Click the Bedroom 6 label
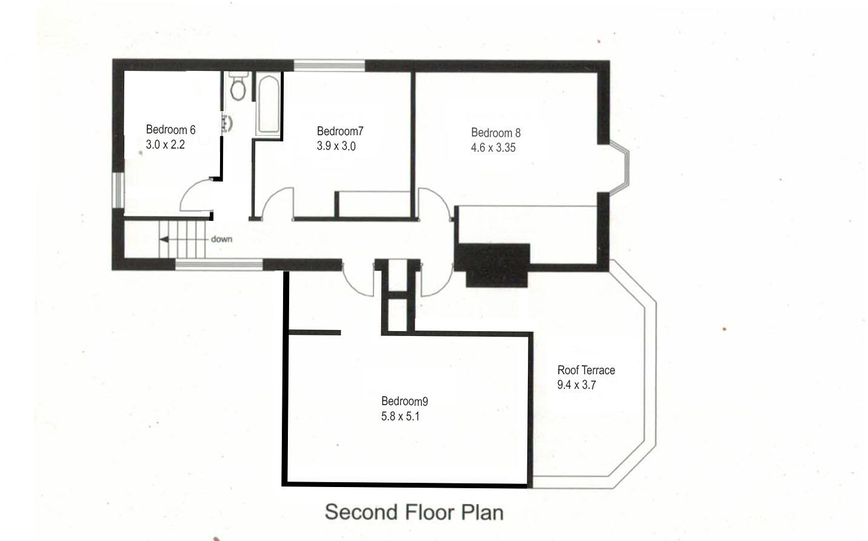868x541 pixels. point(170,130)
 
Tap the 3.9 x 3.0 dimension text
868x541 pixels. point(336,146)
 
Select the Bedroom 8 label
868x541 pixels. point(495,133)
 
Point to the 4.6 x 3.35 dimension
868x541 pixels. point(493,147)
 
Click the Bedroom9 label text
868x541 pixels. point(404,401)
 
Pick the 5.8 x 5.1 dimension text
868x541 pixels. point(400,416)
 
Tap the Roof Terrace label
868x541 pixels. point(586,370)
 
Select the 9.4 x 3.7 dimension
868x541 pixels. point(576,385)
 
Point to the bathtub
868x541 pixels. point(268,105)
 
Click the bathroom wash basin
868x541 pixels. point(227,123)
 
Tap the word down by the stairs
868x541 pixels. point(221,239)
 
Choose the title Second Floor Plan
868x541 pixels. point(414,512)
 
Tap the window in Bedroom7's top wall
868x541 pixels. point(330,66)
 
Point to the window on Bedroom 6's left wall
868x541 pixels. point(119,190)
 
